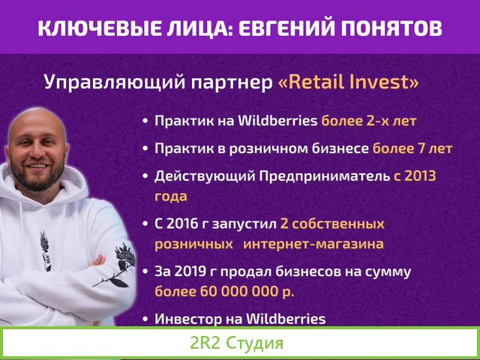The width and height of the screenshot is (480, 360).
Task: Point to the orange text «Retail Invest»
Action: pos(348,81)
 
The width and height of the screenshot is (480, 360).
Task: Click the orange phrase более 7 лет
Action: pos(412,148)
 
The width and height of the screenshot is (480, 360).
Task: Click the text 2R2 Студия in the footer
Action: pos(237,344)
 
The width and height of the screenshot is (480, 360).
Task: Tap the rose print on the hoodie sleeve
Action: pos(118,262)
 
